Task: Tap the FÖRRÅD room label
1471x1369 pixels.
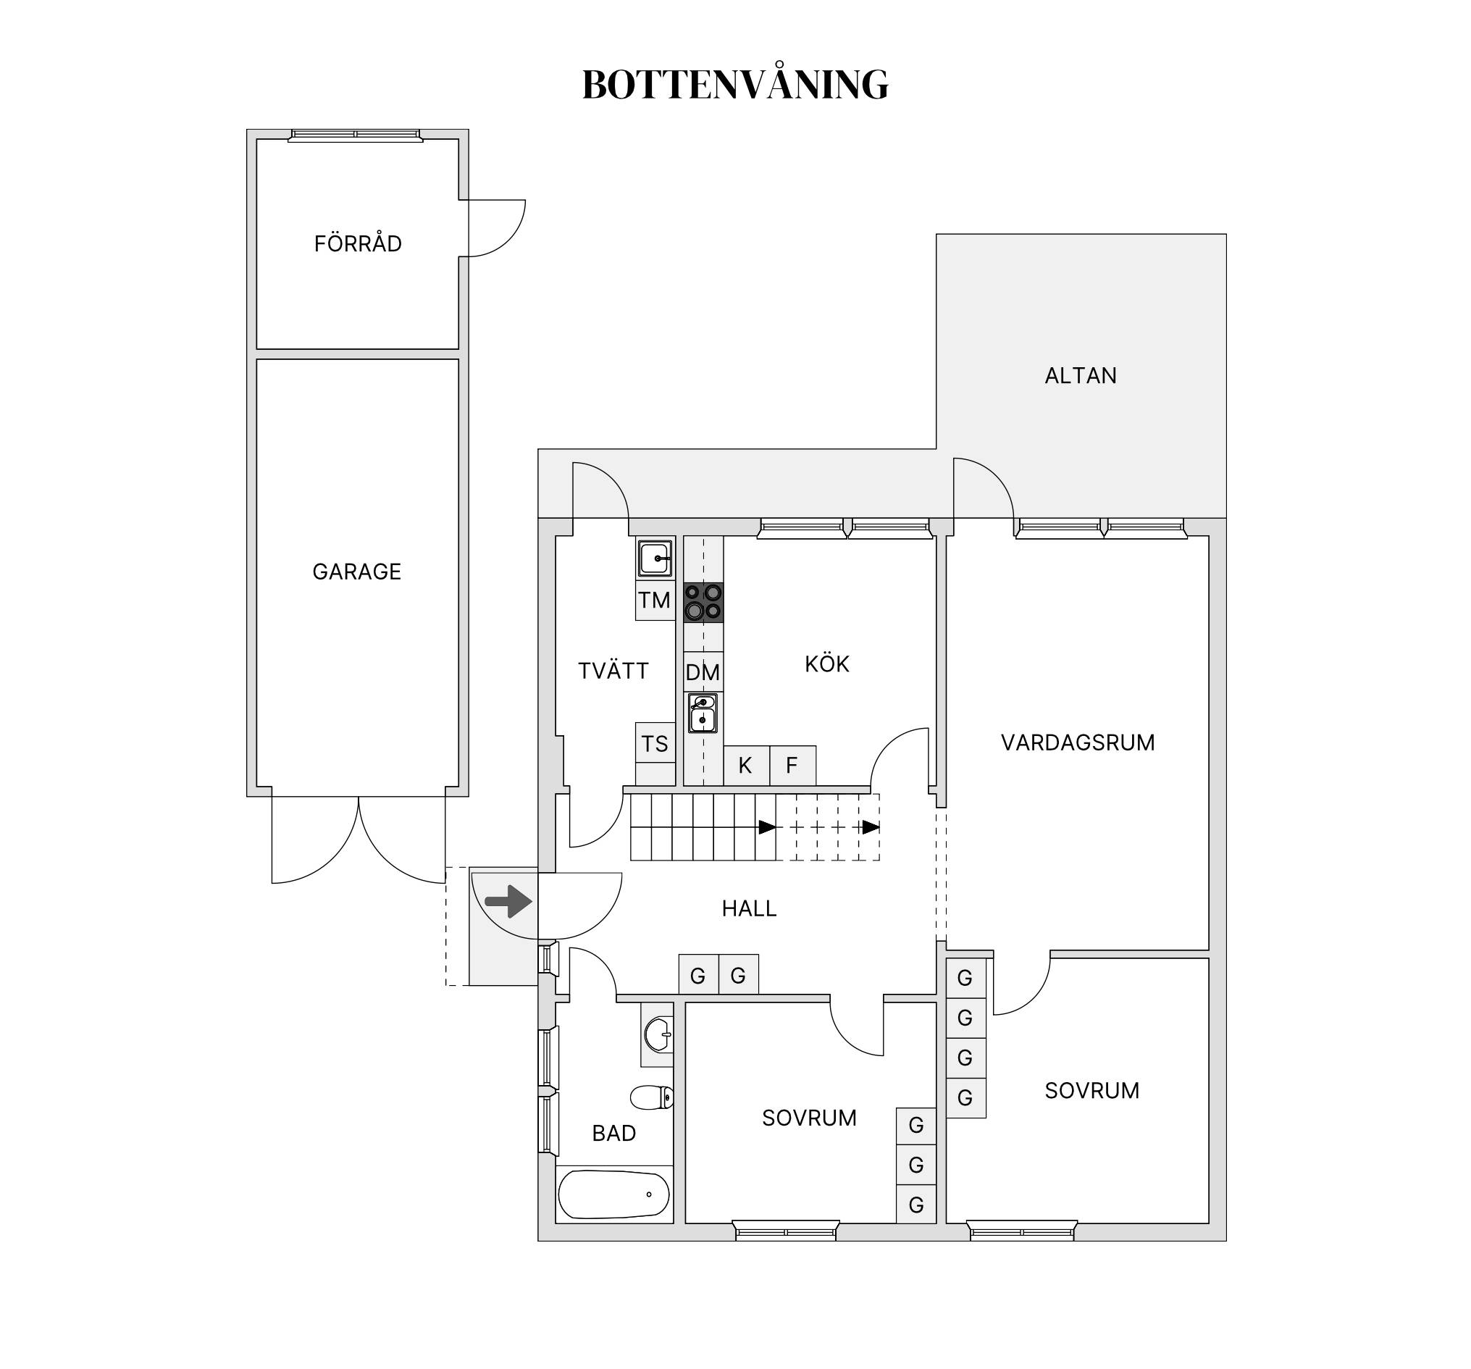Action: (357, 243)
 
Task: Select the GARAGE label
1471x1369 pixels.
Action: (356, 572)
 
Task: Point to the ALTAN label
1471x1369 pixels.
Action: (1081, 376)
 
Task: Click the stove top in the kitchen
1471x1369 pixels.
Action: (703, 603)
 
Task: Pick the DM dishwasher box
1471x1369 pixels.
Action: (703, 672)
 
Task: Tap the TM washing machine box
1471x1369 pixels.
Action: (655, 600)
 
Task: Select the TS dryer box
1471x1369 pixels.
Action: (655, 743)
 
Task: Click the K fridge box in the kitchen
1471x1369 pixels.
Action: (746, 765)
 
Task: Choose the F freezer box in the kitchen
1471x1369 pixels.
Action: (792, 765)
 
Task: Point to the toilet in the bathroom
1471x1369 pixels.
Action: (652, 1097)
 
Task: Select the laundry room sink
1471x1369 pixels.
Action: (655, 558)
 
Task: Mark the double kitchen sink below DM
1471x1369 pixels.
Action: (703, 713)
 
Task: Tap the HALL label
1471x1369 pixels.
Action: (749, 908)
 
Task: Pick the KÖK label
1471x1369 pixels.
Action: (826, 663)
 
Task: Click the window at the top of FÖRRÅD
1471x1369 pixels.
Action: (355, 135)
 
